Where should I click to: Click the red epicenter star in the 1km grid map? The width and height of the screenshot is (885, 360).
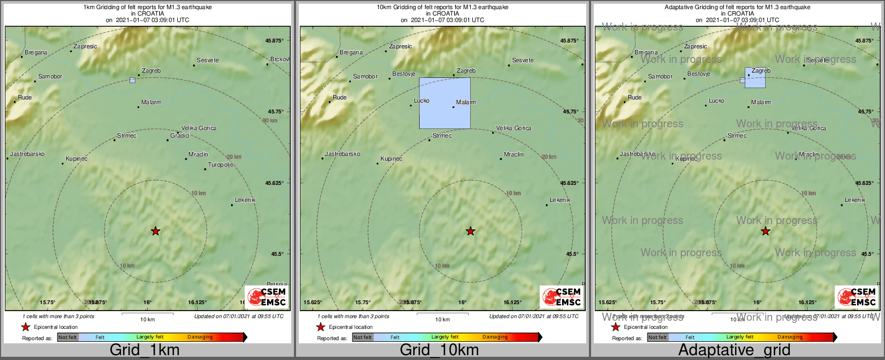click(x=155, y=231)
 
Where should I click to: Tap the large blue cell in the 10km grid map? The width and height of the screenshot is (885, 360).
click(x=444, y=103)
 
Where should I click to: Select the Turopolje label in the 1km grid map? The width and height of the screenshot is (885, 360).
click(x=220, y=165)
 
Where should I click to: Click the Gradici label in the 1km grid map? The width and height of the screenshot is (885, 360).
click(x=180, y=136)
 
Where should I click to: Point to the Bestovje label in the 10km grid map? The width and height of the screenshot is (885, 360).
click(x=404, y=74)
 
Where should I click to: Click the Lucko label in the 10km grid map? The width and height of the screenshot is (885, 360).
click(x=421, y=101)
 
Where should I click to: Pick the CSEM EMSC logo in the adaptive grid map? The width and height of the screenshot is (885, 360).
click(x=855, y=297)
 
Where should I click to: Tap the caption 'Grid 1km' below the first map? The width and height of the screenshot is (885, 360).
click(x=145, y=350)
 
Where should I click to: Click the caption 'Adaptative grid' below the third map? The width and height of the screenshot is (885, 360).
click(x=734, y=350)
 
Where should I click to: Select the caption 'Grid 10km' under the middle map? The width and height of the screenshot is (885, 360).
click(x=439, y=350)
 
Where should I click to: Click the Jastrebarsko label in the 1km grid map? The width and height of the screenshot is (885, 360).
click(x=27, y=154)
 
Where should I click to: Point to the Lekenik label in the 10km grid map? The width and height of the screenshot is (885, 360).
click(x=560, y=200)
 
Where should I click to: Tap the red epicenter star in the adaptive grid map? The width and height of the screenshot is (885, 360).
click(x=765, y=231)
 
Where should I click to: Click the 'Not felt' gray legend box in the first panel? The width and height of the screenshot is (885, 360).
click(x=68, y=337)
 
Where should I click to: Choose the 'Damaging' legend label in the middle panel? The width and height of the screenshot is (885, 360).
click(x=495, y=337)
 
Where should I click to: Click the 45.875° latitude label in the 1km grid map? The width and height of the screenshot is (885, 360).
click(x=275, y=41)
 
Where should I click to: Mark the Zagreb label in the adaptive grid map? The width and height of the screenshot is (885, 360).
click(x=761, y=71)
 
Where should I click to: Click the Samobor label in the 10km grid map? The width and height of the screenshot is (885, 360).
click(x=365, y=77)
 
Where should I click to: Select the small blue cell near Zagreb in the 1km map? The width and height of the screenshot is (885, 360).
click(x=132, y=80)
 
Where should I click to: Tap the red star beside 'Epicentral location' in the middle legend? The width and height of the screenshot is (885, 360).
click(x=321, y=327)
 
